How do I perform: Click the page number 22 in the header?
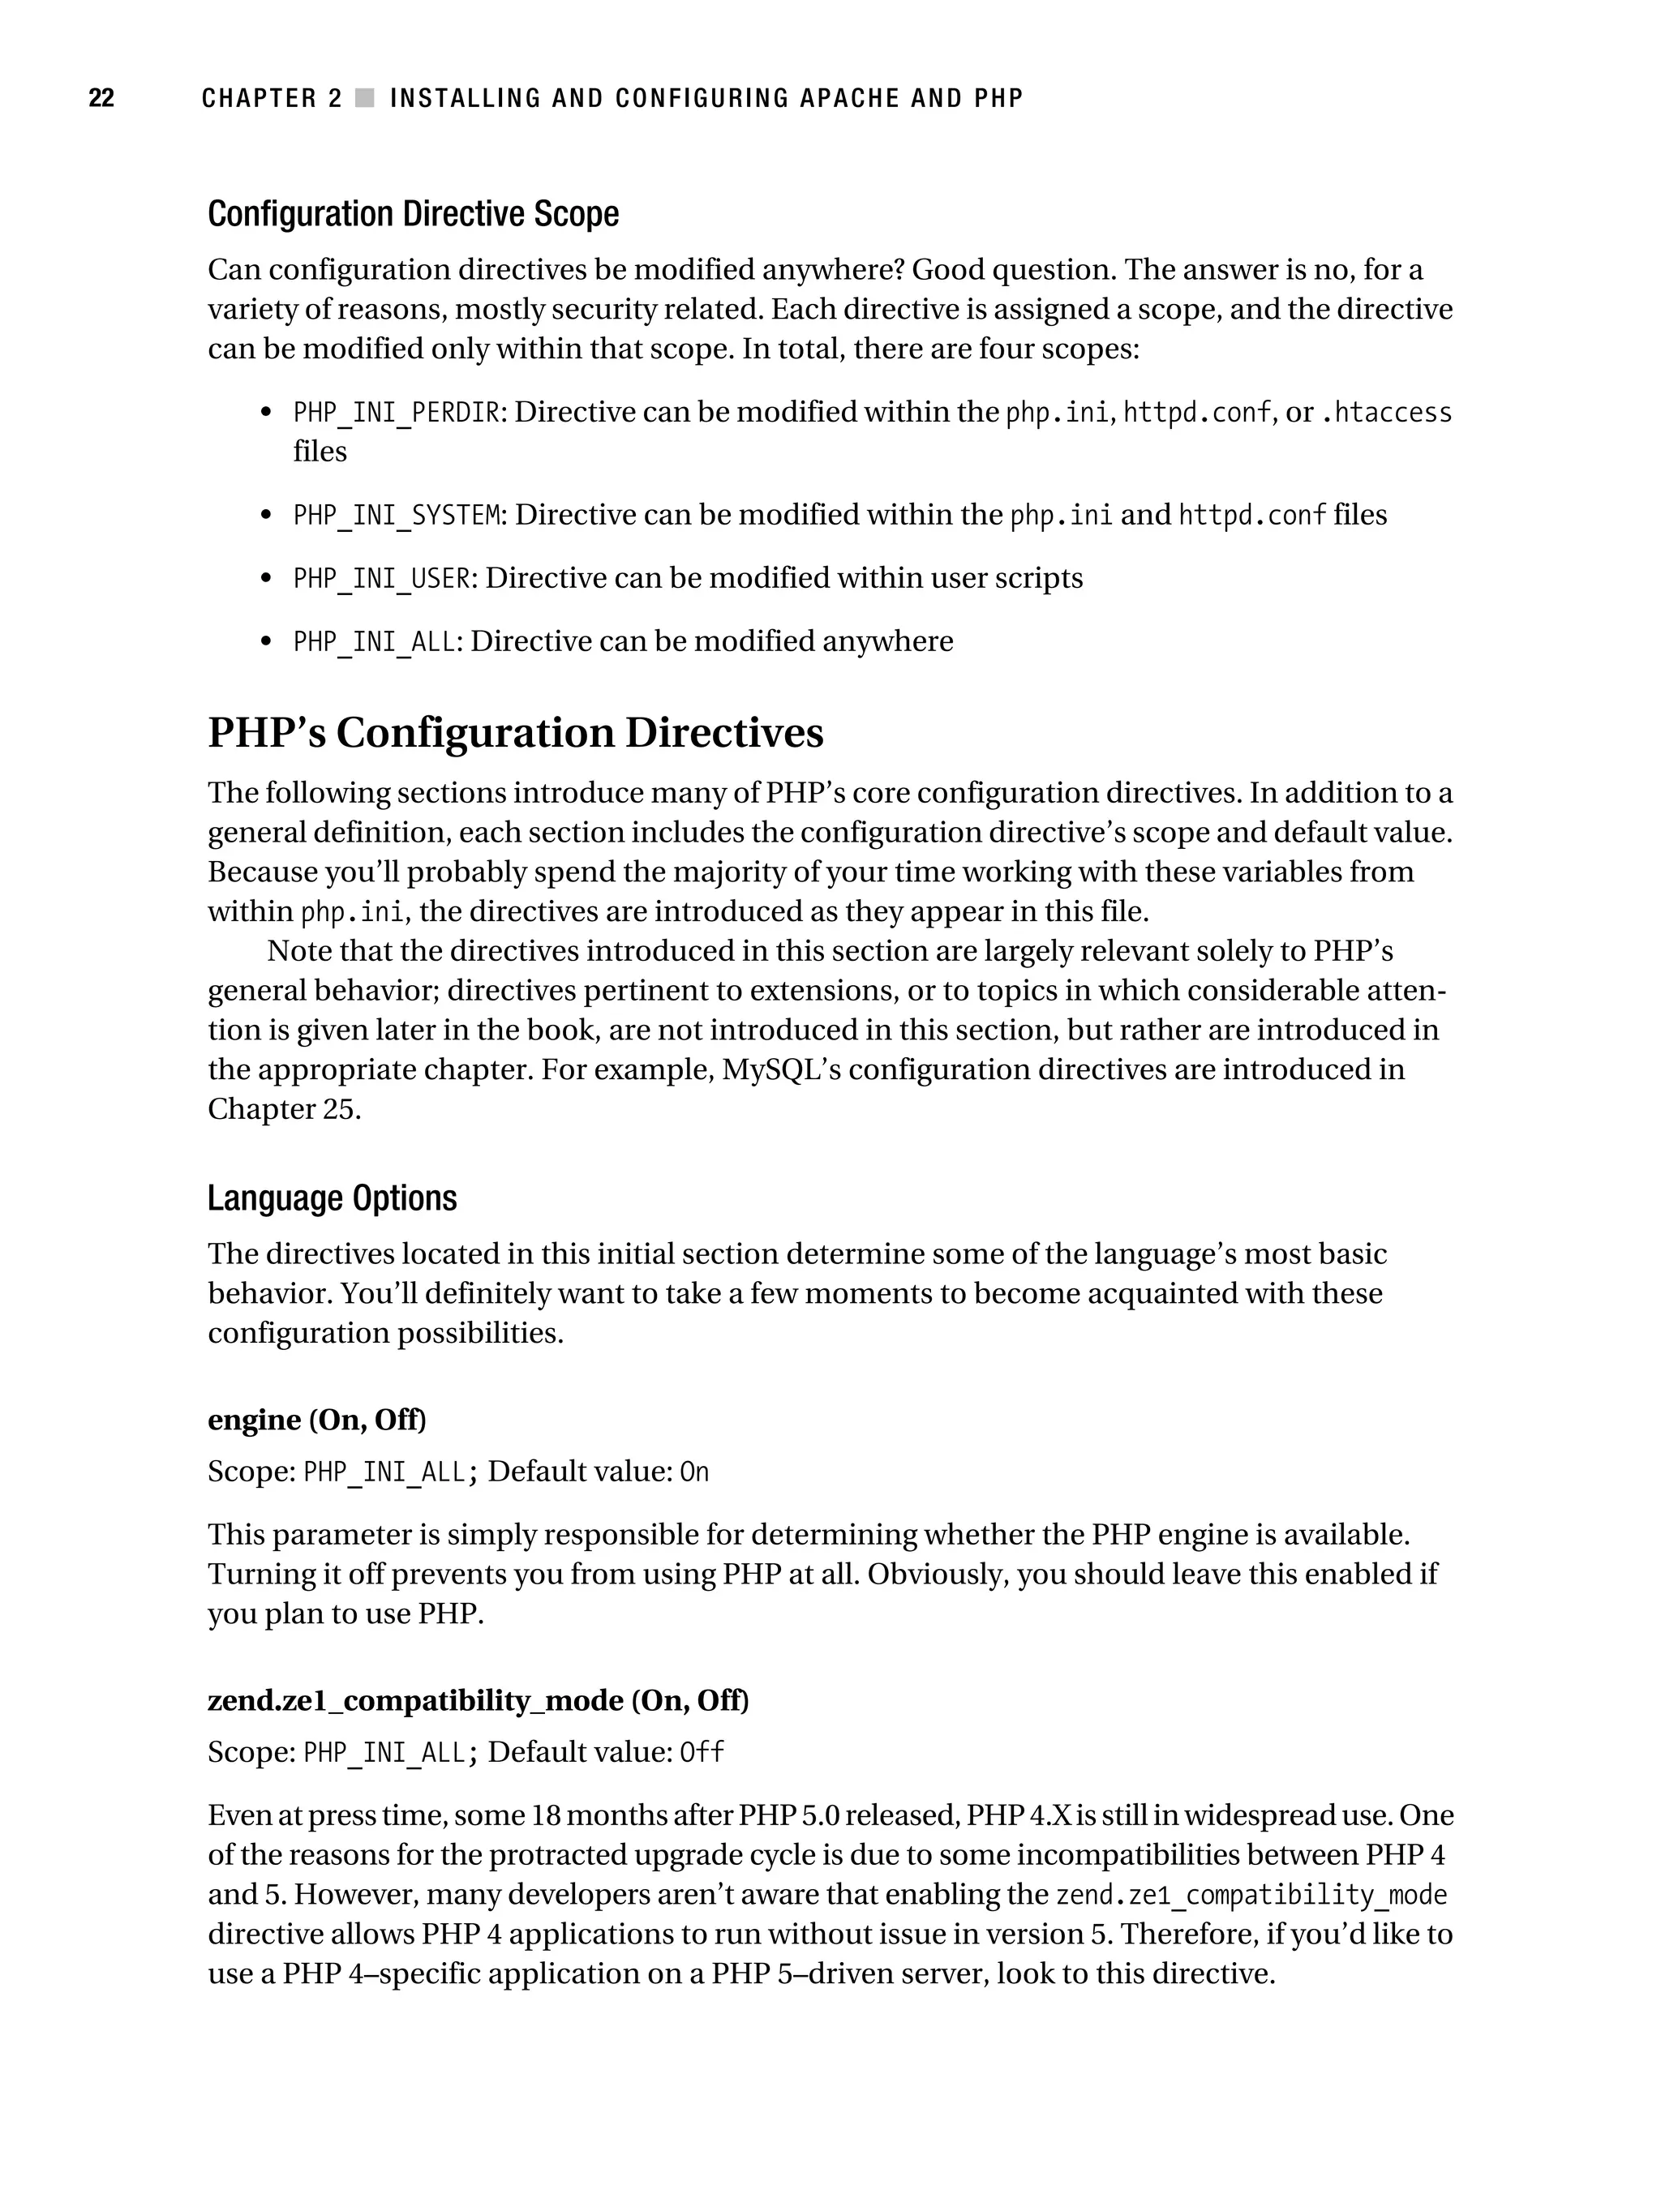[101, 98]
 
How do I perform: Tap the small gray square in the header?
[365, 98]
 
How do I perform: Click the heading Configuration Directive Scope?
[413, 214]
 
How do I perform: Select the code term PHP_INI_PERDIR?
[396, 413]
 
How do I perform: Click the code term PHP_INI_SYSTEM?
[396, 516]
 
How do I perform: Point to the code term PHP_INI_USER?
[381, 578]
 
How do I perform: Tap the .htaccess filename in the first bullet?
[1386, 413]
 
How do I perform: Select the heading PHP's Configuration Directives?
[515, 733]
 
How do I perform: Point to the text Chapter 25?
[283, 1109]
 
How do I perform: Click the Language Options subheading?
[332, 1198]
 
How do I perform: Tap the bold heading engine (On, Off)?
[315, 1421]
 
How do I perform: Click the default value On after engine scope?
[693, 1472]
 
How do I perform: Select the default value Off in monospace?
[701, 1753]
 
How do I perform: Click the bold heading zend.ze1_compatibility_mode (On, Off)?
[477, 1701]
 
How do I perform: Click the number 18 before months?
[546, 1816]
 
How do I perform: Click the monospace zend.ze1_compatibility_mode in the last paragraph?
[1251, 1896]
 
